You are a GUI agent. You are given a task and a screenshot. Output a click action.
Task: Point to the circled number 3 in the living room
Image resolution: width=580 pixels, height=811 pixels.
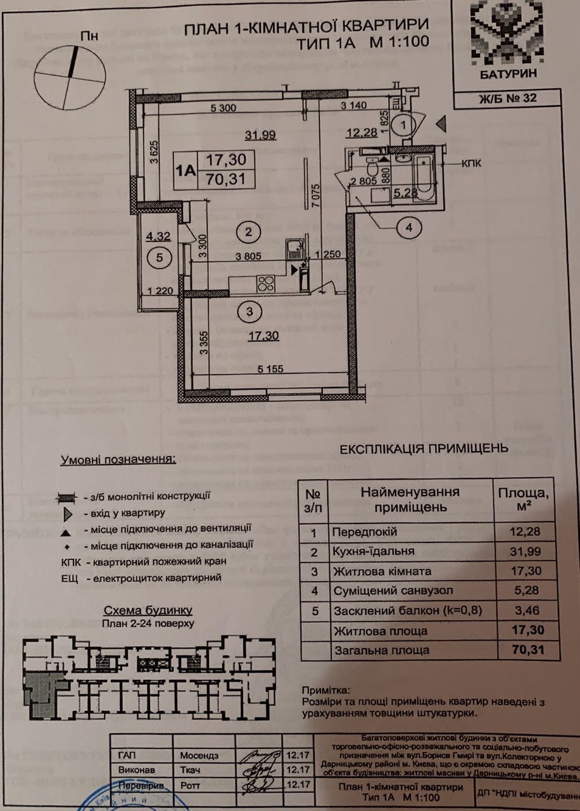249,311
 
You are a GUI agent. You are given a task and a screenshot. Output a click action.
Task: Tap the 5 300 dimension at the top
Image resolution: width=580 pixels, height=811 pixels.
223,108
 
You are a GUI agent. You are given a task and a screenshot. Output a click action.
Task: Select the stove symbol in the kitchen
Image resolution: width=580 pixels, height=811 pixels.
266,283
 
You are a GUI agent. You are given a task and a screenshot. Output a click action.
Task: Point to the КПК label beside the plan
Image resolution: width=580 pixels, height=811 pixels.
471,163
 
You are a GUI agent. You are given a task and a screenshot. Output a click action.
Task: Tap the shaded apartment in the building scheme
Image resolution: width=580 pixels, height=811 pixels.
42,693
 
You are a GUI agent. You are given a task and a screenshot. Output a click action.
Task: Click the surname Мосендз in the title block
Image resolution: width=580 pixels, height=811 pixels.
199,756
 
